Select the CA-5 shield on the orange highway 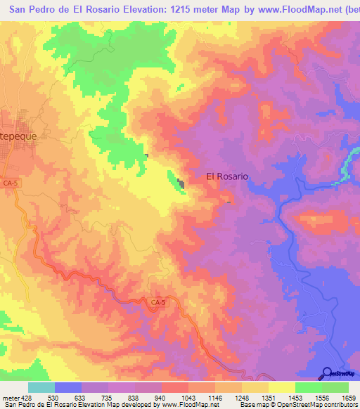pos(158,302)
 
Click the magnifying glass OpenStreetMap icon pos(326,372)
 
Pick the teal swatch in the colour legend pos(41,387)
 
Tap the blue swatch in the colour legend pos(68,387)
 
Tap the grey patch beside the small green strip pos(181,184)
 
